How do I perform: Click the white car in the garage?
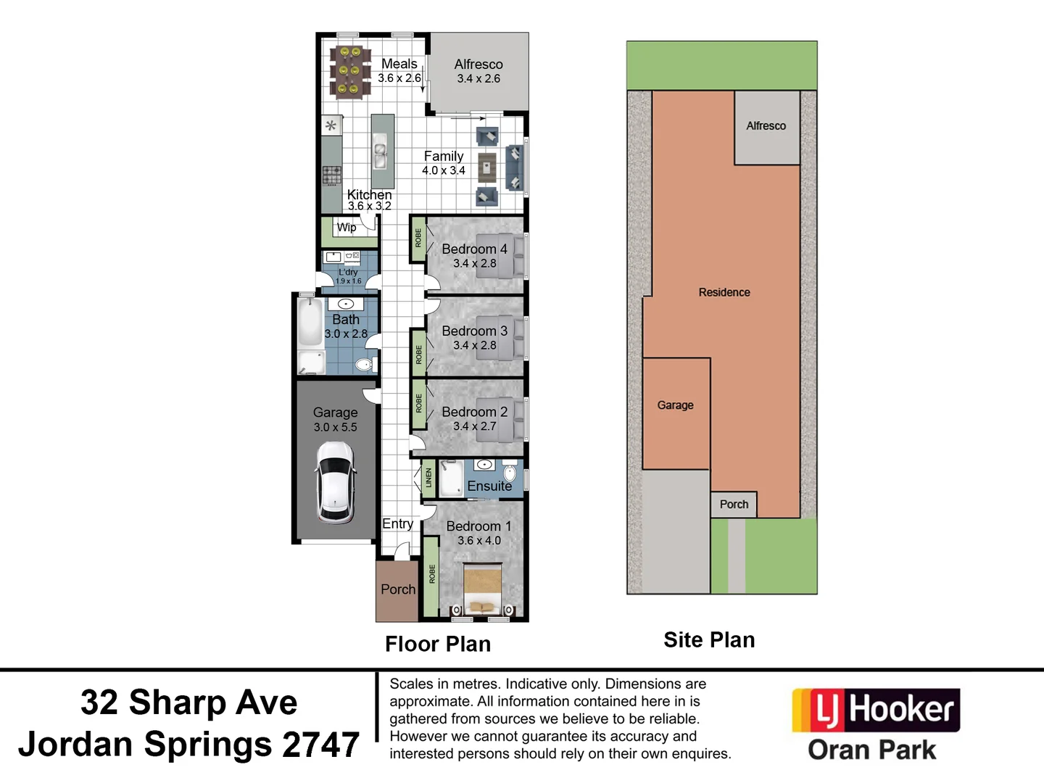335,482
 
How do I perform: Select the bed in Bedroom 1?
482,589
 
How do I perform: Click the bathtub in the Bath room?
310,323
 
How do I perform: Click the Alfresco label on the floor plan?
478,65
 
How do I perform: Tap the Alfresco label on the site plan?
766,126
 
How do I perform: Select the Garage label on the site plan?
675,405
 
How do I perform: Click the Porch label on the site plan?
734,504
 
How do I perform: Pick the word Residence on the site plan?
724,292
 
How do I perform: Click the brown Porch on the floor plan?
397,590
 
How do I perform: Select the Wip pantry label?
347,228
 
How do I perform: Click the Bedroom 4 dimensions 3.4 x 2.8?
475,264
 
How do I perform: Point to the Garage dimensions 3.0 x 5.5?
335,428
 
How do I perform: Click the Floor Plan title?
438,644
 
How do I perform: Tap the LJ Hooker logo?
876,710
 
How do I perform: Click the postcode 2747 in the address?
320,745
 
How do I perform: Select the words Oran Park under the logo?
871,750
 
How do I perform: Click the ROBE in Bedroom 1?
432,574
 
